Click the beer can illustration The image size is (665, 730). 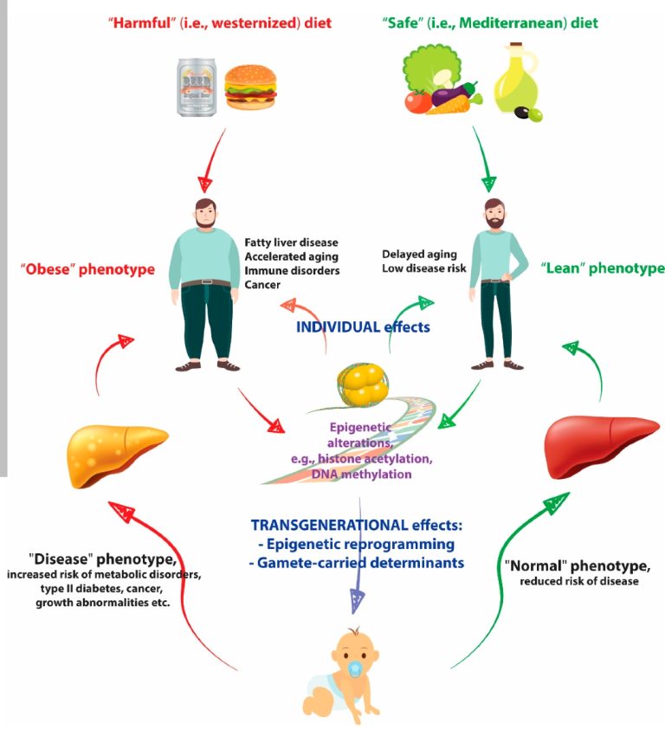pyautogui.click(x=198, y=84)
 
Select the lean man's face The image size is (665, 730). pyautogui.click(x=494, y=216)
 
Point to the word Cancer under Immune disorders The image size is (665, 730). pyautogui.click(x=263, y=285)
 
